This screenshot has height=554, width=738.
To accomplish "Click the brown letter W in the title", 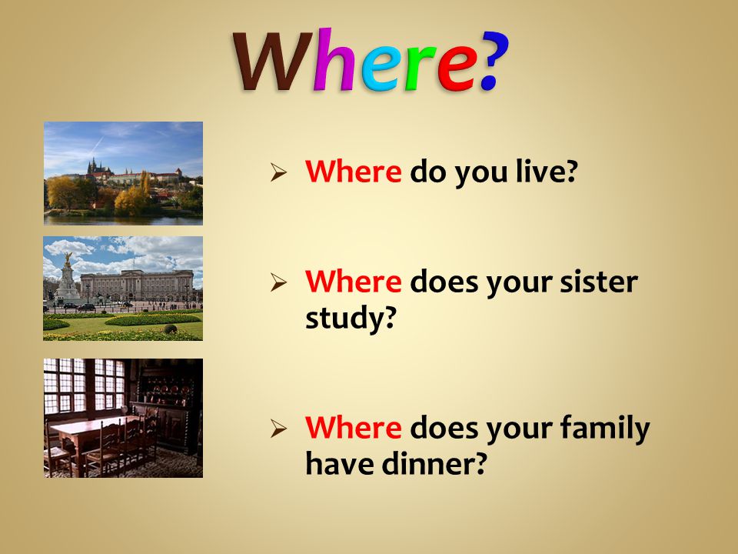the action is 273,62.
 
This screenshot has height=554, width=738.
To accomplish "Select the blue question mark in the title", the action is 494,60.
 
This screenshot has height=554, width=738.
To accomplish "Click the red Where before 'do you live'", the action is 353,171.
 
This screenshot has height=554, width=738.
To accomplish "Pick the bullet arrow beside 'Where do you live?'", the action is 278,172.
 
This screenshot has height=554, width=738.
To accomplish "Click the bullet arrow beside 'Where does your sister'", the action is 278,282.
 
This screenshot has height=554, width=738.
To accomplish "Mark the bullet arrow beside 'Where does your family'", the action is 278,429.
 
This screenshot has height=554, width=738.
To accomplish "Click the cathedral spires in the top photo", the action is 94,166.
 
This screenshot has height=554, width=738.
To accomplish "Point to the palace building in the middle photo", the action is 137,285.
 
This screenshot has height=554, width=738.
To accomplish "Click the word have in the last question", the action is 339,463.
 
